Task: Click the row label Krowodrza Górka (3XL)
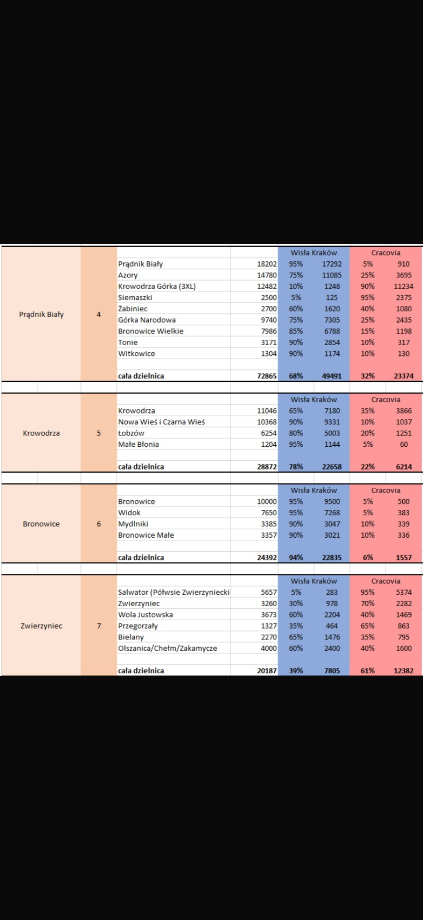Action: click(x=157, y=286)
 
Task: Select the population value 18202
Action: click(x=267, y=264)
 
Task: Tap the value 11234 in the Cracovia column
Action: click(x=403, y=286)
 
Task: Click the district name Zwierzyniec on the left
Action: click(x=41, y=626)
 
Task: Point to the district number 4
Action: click(x=99, y=314)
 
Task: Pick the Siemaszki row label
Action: click(x=135, y=298)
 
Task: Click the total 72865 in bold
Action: click(x=267, y=376)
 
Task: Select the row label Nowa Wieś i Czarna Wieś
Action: click(x=161, y=422)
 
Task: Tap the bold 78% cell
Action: click(x=296, y=467)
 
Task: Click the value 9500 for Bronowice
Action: click(x=332, y=501)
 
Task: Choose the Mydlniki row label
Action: click(x=133, y=524)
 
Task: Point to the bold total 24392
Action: click(x=267, y=558)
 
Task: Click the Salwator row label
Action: click(x=174, y=592)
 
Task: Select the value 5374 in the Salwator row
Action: click(x=404, y=592)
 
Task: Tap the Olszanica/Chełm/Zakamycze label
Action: click(x=167, y=648)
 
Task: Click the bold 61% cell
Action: click(x=368, y=671)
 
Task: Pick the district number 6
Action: click(x=99, y=524)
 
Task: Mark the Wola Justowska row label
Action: click(x=145, y=615)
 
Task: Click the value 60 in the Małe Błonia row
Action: click(x=404, y=444)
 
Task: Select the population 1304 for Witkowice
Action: click(x=269, y=354)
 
